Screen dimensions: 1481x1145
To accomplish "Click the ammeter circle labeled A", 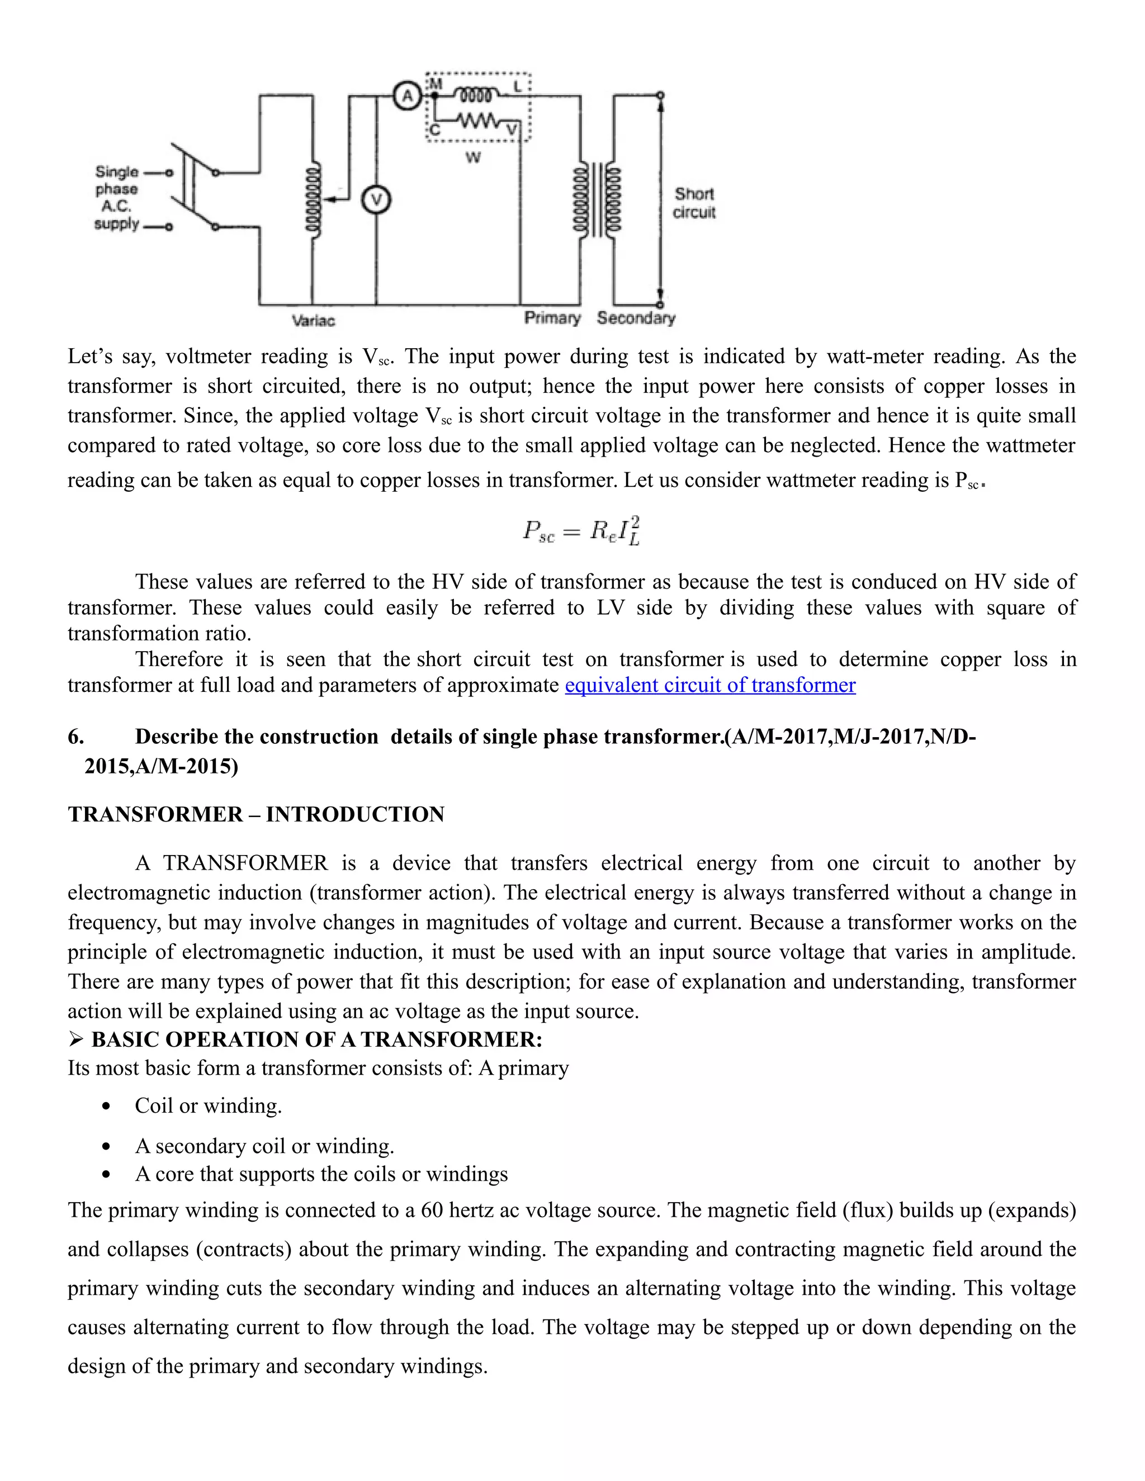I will click(408, 96).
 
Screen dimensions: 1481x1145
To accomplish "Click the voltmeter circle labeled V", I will click(376, 200).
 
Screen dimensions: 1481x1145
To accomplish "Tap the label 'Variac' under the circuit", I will click(314, 321).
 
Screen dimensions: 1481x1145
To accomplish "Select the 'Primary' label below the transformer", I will click(552, 318).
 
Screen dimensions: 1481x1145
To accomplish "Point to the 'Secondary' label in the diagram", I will click(636, 318).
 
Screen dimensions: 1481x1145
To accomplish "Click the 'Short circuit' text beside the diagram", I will click(694, 203).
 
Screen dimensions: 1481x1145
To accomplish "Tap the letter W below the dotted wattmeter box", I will click(474, 158).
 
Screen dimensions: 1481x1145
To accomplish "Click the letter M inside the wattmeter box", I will click(436, 84).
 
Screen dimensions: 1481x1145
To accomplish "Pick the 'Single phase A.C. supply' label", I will click(117, 197).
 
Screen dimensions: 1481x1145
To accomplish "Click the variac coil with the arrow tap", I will click(313, 200).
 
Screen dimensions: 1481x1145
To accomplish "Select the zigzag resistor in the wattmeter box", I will click(479, 121).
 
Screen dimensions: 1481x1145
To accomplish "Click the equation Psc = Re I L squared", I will click(581, 531).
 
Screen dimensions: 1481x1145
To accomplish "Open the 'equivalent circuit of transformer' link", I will click(709, 685).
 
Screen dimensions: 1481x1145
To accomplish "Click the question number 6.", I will click(75, 737).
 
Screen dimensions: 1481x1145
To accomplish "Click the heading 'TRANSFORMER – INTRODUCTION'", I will click(256, 814).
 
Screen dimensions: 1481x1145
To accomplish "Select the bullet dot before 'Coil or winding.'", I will click(105, 1107).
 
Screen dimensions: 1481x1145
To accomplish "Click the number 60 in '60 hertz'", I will click(432, 1210).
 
